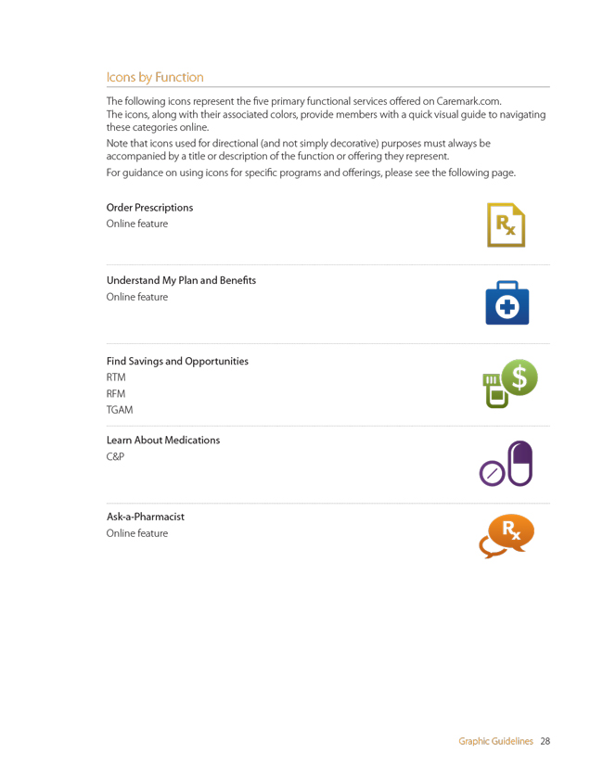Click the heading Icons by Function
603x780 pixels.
pos(155,77)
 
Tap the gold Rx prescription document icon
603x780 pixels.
pos(506,224)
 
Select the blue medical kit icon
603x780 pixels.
pos(507,303)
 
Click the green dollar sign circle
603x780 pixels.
pos(519,377)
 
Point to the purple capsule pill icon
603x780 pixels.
pos(520,463)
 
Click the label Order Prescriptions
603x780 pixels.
pos(149,208)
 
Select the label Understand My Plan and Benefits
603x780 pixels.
pos(181,280)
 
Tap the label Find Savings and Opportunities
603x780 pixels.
pos(177,361)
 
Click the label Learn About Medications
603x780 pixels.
pos(163,440)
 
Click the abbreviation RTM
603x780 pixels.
pos(116,377)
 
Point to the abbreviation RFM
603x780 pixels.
pos(116,393)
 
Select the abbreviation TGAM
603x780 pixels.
pos(120,410)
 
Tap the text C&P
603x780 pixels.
pos(115,456)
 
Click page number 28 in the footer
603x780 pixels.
pos(545,741)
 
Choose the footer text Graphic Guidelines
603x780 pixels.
pos(495,741)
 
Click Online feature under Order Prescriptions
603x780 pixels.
pos(137,224)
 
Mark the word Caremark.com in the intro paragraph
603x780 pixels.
pos(468,101)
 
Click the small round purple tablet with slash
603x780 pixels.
pos(492,474)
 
